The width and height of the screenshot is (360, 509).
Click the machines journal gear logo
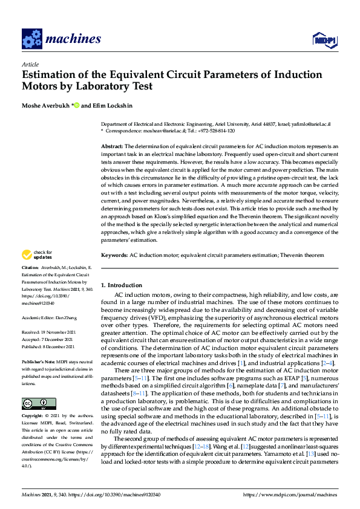coord(32,39)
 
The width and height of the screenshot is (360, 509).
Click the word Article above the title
coord(30,64)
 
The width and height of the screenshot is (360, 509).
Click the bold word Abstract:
coord(111,147)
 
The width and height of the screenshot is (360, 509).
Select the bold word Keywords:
coord(114,256)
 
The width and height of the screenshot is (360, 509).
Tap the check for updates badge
coord(38,255)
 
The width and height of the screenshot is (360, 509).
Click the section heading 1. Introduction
coord(120,285)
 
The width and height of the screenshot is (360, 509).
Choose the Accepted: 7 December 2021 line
coord(47,340)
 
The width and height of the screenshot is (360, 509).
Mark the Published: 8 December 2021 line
coord(48,347)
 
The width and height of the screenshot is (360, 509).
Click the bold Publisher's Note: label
coord(38,361)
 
